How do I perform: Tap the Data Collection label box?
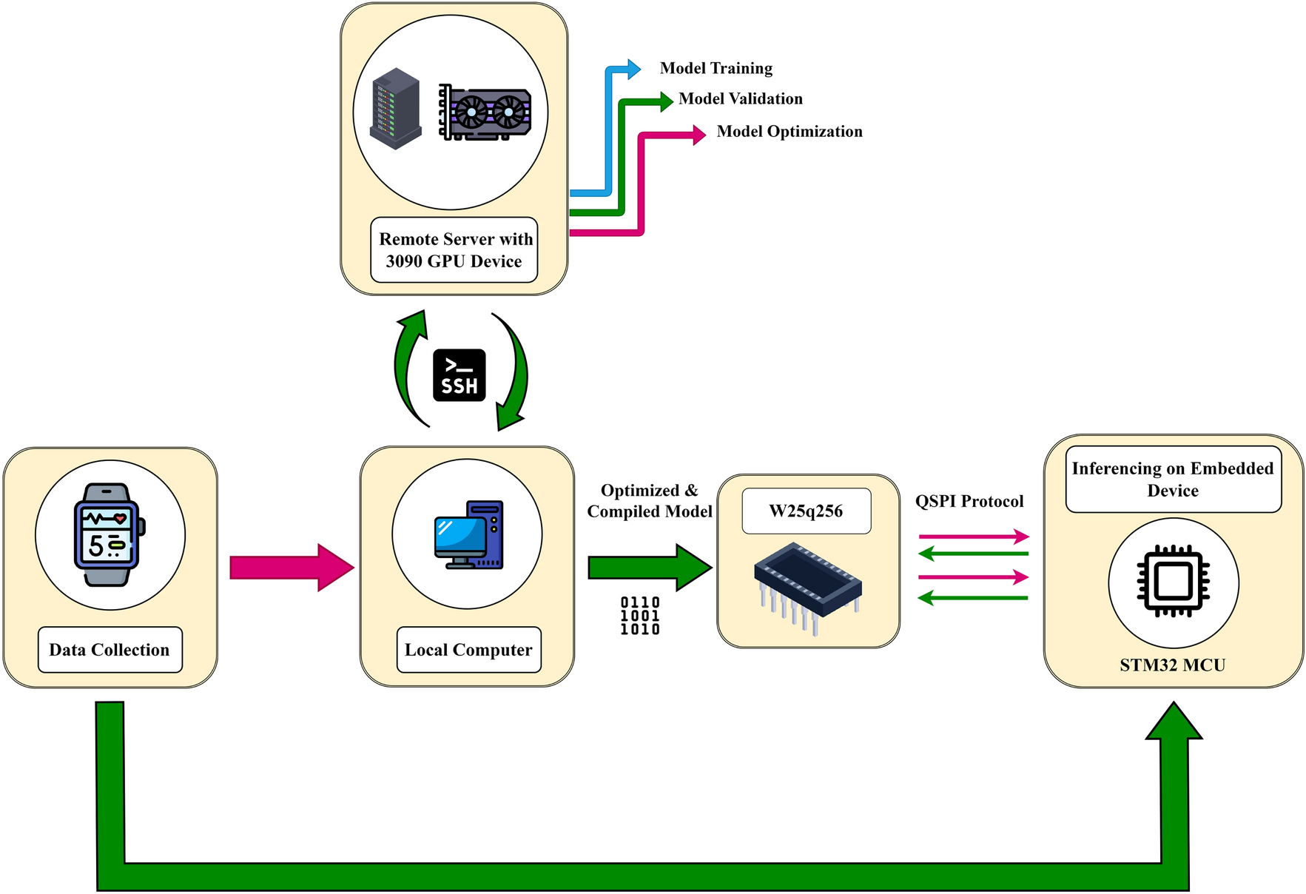(110, 650)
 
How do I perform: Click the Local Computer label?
(469, 650)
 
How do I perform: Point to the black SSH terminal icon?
(460, 375)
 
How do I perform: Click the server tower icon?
(396, 109)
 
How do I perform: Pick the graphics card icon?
(485, 112)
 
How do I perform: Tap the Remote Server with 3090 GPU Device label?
(454, 250)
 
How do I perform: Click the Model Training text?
(716, 68)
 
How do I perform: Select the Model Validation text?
(741, 98)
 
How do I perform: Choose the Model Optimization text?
(790, 132)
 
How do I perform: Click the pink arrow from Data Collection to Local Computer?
(292, 568)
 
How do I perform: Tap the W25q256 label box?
(807, 511)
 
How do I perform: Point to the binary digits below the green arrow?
(640, 616)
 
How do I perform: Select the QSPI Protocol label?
(969, 501)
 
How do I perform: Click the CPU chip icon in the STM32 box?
(1174, 582)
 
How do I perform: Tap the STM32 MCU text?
(1173, 665)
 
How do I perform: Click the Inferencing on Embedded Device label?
(1174, 479)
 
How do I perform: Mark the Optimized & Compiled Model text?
(650, 501)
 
